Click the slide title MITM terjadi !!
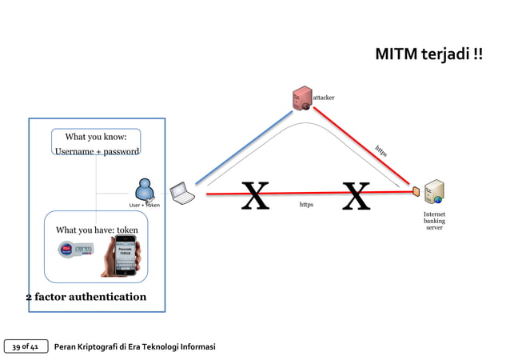[x=428, y=54]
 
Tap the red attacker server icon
[x=302, y=98]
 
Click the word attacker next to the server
[x=324, y=98]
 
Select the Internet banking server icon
[x=434, y=193]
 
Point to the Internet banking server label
[x=434, y=221]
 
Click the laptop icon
[x=182, y=193]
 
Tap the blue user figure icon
[x=145, y=190]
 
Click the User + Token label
[x=145, y=206]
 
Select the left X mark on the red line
[x=255, y=196]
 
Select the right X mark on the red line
[x=357, y=196]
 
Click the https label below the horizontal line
[x=306, y=205]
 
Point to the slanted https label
[x=381, y=150]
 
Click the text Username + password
[x=97, y=151]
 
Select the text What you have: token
[x=97, y=230]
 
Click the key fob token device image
[x=76, y=250]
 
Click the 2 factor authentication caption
[x=86, y=297]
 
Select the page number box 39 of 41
[x=26, y=346]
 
